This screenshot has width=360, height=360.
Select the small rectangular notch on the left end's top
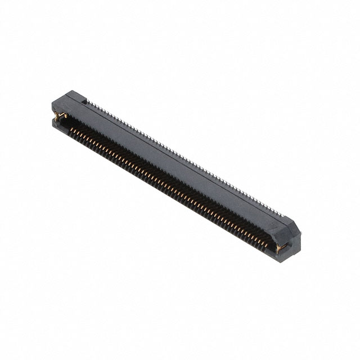click(x=85, y=103)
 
